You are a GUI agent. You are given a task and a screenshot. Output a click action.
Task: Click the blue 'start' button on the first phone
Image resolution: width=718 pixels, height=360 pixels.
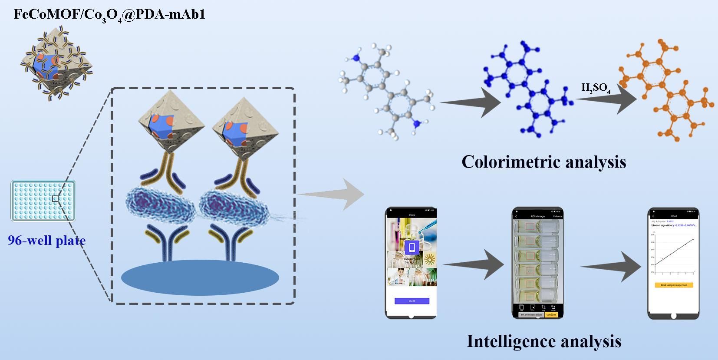click(412, 301)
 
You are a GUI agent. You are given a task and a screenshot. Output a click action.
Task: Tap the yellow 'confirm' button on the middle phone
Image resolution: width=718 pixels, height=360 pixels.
click(551, 314)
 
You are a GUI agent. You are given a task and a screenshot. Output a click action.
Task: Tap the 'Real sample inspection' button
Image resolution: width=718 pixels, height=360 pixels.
click(674, 285)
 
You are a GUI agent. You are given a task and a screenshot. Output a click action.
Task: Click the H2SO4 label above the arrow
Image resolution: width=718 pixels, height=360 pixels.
click(596, 88)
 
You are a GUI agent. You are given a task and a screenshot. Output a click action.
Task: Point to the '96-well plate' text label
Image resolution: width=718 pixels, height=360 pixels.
click(46, 240)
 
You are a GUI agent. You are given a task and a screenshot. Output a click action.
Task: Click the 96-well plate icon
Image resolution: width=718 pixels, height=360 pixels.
click(43, 201)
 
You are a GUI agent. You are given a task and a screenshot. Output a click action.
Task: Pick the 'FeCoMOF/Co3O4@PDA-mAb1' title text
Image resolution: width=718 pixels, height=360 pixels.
click(109, 15)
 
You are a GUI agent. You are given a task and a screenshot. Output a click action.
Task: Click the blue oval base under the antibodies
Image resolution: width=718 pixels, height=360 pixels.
click(200, 277)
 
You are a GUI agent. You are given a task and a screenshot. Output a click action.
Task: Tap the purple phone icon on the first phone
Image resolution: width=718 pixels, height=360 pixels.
click(412, 248)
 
